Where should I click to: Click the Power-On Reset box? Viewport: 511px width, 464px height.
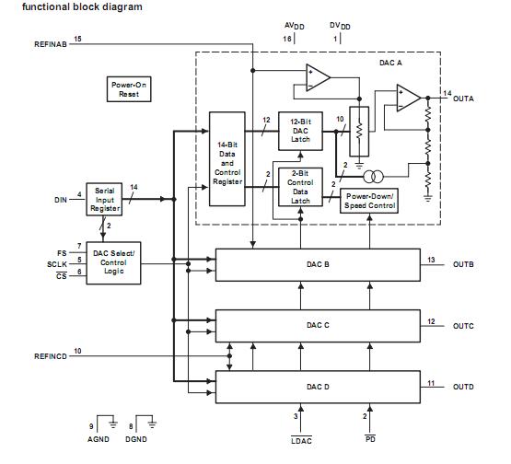(122, 89)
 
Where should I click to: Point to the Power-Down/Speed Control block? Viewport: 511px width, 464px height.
(369, 201)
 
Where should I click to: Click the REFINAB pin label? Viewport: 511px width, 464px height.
(50, 44)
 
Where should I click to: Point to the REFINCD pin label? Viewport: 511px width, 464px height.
(50, 355)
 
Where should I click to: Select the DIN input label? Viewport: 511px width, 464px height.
(62, 199)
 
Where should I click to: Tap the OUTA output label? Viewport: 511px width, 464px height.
(465, 97)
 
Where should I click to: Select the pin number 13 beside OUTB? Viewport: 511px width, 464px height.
(431, 260)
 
